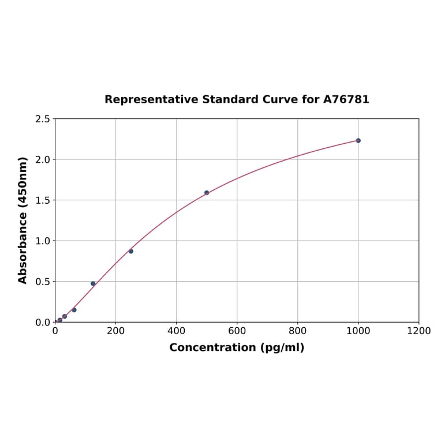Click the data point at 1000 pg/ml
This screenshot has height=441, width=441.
pos(358,140)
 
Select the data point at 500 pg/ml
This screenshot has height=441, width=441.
pos(207,193)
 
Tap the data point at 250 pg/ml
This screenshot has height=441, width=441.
pos(131,251)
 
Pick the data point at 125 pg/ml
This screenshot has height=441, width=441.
pos(93,283)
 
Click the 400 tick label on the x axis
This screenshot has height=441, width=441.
pos(176,331)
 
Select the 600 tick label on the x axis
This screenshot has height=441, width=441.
pos(237,331)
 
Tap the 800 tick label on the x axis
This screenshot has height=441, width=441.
pos(297,331)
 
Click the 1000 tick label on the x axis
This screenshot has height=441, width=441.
pos(358,331)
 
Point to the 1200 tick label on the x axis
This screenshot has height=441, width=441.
pos(418,331)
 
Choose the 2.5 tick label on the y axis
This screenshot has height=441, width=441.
pos(42,119)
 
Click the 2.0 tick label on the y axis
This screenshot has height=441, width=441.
pos(42,159)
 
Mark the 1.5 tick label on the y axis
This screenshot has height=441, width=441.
pos(42,200)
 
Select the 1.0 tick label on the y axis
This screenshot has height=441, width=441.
pos(42,241)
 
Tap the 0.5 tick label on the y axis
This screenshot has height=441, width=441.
pos(42,282)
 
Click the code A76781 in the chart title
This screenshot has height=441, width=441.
pos(346,99)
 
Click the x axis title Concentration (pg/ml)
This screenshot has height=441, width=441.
pos(237,347)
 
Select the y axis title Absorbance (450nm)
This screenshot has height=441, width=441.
pos(23,220)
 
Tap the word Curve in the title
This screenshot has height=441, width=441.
pos(279,99)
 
